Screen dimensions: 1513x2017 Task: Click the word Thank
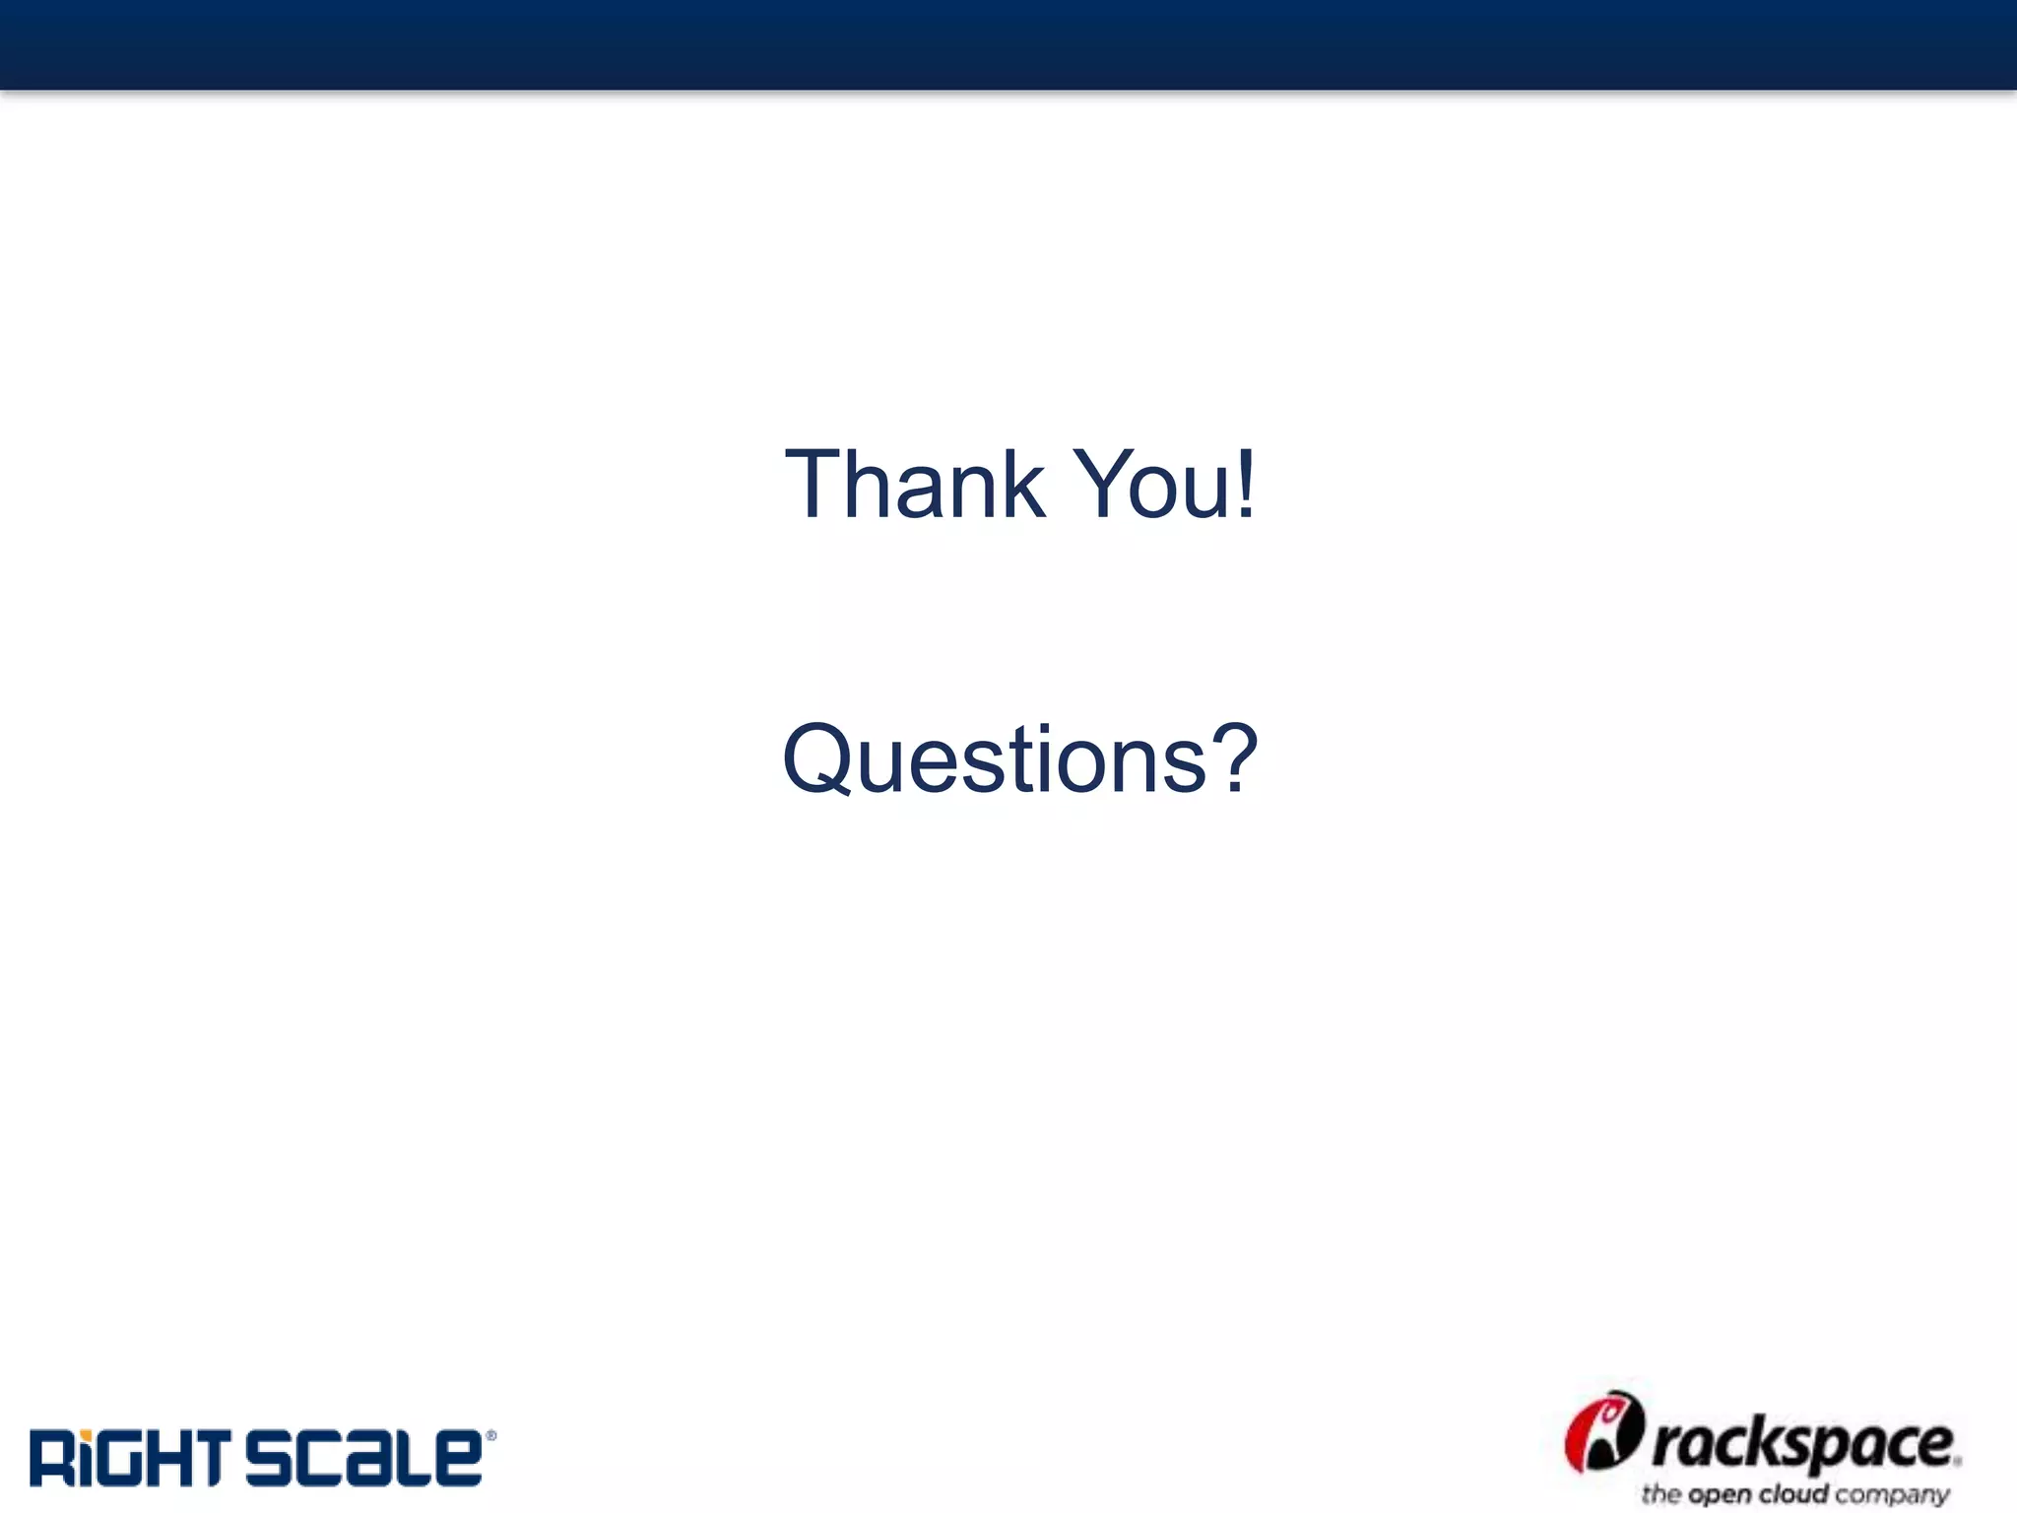click(914, 485)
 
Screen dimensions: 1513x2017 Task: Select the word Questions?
click(1020, 759)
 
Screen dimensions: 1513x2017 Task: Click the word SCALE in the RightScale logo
click(363, 1458)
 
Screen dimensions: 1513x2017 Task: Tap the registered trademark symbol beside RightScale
click(490, 1436)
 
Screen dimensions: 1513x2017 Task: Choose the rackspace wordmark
click(1802, 1446)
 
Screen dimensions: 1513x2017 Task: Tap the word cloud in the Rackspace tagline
click(1793, 1494)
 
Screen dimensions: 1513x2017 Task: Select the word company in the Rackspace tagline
click(1892, 1495)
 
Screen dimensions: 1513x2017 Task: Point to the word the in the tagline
click(1661, 1494)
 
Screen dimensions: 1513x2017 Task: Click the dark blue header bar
click(1008, 44)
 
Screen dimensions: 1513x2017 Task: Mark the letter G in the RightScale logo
click(114, 1458)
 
